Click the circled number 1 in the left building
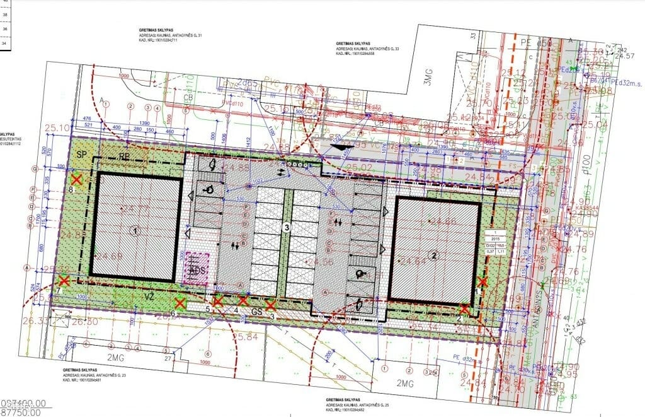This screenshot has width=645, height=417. pos(135,230)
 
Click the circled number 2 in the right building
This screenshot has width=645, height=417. pos(433,255)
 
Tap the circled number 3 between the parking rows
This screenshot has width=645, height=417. pos(286,228)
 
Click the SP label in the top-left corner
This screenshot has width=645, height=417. pos(81,155)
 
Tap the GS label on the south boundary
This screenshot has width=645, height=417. pos(256,312)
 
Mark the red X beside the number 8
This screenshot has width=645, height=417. pos(77,180)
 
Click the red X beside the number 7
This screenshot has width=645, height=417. pos(64,281)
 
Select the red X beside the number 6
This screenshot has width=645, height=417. pos(180,304)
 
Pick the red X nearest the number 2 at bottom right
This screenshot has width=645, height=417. pos(464,309)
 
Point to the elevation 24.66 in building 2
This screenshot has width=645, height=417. pos(442,221)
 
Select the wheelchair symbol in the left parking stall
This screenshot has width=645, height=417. pos(209,188)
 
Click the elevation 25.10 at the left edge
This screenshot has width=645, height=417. pos(57,128)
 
